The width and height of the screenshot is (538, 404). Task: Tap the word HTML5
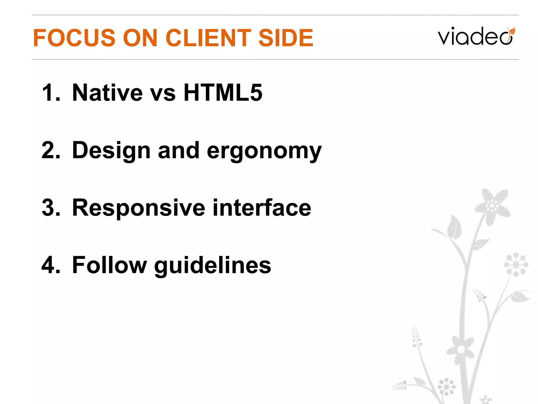point(223,93)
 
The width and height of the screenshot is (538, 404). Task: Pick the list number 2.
point(51,150)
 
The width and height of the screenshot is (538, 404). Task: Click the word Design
point(111,151)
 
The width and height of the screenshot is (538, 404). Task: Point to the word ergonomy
point(264,151)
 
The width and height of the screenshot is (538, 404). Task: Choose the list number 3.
point(51,208)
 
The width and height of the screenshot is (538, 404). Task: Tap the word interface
point(262,208)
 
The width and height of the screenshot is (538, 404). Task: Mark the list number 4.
point(51,265)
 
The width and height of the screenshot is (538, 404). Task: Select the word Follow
point(109,265)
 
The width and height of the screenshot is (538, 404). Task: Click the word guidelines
point(213,266)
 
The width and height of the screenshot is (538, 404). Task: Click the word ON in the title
point(140,38)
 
